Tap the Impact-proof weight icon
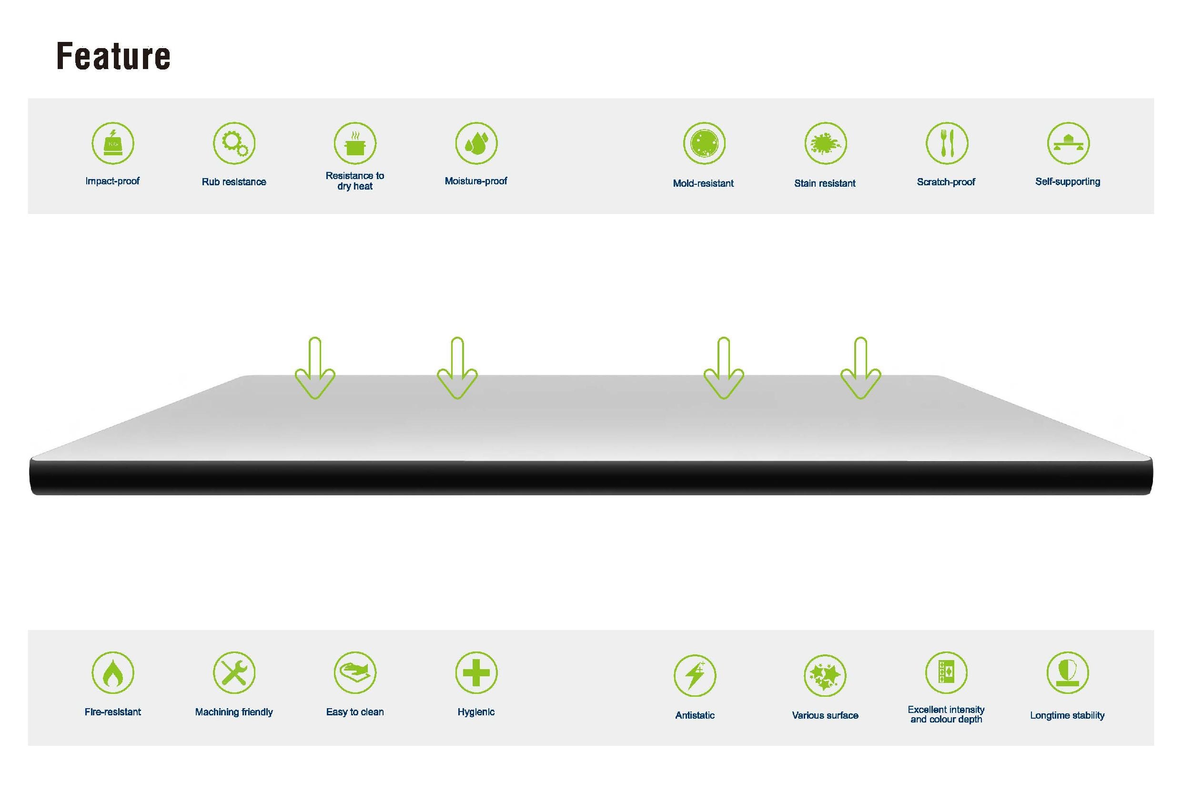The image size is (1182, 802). (x=113, y=143)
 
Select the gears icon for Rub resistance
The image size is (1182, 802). (x=234, y=143)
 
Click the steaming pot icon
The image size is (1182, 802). (x=355, y=143)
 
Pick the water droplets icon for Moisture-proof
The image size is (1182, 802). (x=476, y=143)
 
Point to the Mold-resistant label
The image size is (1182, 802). (x=703, y=183)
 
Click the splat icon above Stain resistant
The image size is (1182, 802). (x=826, y=143)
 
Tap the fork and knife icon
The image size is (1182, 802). (x=947, y=143)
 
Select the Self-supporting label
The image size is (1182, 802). (x=1068, y=181)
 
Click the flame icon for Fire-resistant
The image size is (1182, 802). (x=113, y=672)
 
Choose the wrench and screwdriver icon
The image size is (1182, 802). (x=234, y=672)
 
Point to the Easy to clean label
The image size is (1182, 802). (x=355, y=712)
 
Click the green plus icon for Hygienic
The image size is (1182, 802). (x=476, y=672)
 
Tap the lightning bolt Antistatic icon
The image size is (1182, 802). (x=695, y=675)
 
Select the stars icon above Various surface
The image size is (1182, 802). (x=825, y=675)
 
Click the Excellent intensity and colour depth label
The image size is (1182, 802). (x=946, y=714)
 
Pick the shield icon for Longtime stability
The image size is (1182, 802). (x=1068, y=672)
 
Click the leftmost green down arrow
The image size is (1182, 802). (x=315, y=368)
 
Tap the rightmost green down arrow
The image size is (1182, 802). (x=860, y=368)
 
